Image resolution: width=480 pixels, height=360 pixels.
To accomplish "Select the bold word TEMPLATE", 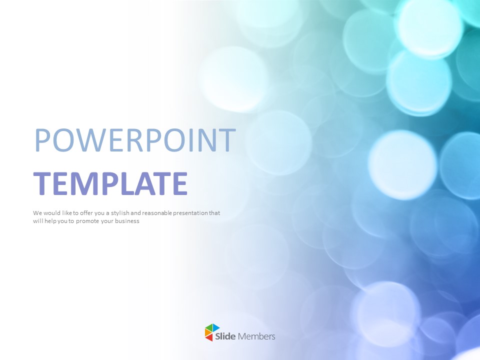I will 110,183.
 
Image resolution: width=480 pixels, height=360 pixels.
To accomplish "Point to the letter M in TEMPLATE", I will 98,183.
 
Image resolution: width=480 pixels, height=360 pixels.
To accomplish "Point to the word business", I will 127,221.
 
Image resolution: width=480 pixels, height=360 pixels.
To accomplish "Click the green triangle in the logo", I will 209,327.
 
